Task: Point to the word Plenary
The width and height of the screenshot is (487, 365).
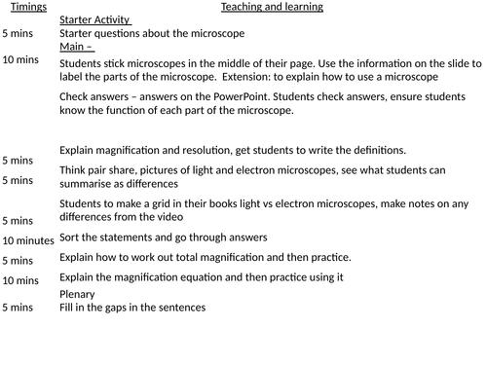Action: click(78, 294)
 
